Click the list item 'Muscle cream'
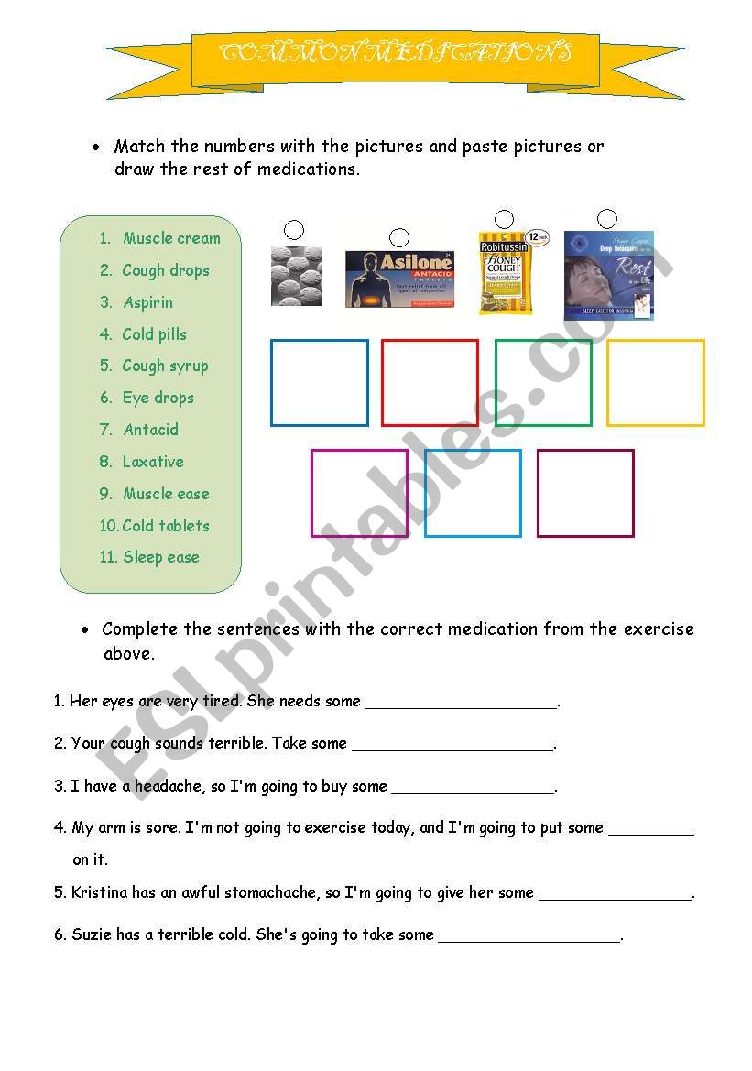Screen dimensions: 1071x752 coord(171,238)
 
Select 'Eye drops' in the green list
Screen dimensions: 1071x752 coord(158,398)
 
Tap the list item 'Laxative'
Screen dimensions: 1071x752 coord(152,462)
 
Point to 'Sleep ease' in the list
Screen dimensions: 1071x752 coord(160,557)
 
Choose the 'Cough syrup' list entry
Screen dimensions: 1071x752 coord(165,366)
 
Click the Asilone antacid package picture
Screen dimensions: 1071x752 coord(399,279)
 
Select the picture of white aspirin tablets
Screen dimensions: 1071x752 coord(296,275)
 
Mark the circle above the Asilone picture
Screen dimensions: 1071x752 coord(399,238)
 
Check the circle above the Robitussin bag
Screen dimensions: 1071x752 coord(504,219)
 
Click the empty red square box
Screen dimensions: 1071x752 coord(430,383)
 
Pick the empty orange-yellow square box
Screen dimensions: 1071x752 coord(656,383)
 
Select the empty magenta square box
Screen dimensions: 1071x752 coord(359,493)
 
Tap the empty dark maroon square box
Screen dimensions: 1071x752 coord(585,493)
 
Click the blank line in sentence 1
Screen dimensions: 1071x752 coord(461,704)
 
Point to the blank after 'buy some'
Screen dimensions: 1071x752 coord(473,788)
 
